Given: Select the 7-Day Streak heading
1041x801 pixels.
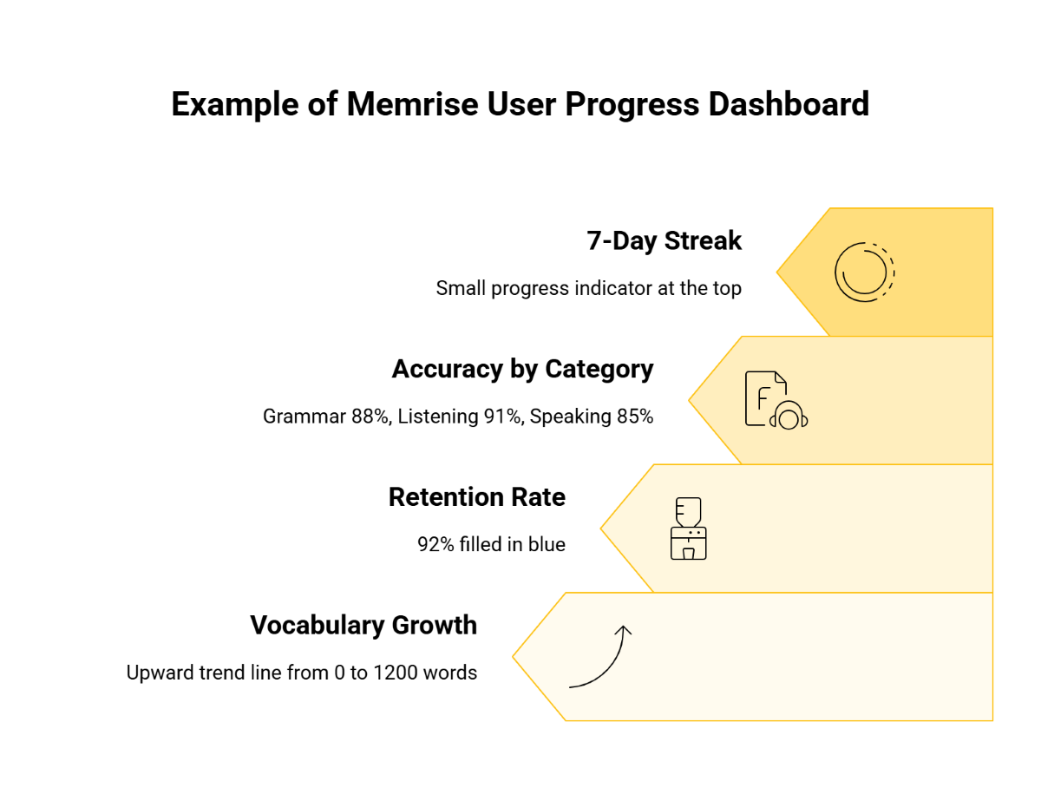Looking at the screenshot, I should [x=664, y=240].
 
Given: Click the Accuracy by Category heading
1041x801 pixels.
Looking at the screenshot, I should [x=522, y=369].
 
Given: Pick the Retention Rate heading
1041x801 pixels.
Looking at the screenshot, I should [x=476, y=497].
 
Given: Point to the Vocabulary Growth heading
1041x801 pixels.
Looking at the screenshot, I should [x=363, y=625].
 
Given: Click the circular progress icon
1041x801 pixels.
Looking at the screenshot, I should [x=864, y=272].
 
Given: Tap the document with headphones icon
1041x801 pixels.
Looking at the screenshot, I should [x=776, y=400].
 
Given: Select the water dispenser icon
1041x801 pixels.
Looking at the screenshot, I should [x=689, y=529].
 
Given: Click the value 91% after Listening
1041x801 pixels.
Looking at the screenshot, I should [x=503, y=417].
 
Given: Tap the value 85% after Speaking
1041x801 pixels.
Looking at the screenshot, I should [x=634, y=417].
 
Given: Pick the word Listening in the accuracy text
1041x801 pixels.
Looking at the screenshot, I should [x=435, y=417].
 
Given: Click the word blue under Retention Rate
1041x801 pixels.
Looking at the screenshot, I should [x=547, y=545].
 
